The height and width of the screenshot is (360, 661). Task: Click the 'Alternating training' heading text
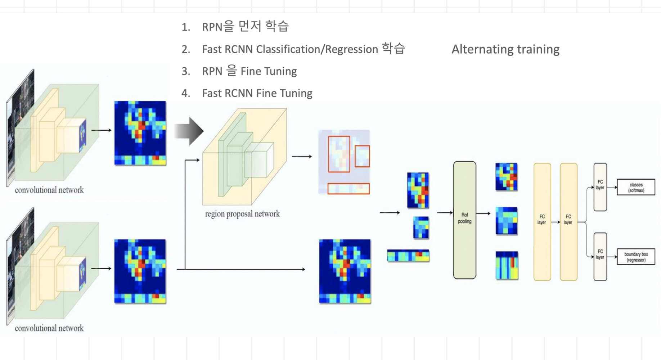pos(505,49)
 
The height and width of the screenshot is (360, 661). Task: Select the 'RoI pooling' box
pos(464,220)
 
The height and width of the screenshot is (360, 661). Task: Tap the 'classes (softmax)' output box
pos(636,187)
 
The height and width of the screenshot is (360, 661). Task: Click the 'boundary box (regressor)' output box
pos(636,257)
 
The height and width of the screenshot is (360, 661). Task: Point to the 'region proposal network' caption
pos(242,214)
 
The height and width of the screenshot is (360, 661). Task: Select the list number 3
pos(185,71)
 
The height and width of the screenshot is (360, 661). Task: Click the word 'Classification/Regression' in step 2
pos(317,49)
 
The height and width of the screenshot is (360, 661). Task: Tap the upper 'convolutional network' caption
pos(49,190)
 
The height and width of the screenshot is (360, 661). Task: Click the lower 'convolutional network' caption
pos(49,328)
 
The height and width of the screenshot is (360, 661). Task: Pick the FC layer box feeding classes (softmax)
pos(600,187)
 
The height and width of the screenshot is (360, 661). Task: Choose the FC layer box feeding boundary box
pos(600,256)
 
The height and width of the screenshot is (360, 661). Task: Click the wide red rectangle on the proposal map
pos(349,189)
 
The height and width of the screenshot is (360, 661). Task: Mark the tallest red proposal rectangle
pos(339,154)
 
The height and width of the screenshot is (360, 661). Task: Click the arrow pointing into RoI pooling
pos(445,213)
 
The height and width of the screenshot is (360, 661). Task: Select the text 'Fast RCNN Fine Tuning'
pos(257,93)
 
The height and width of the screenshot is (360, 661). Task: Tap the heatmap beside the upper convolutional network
pos(140,133)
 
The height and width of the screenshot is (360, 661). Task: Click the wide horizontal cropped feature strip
pos(408,256)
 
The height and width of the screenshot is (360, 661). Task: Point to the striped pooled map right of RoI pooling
pos(507,265)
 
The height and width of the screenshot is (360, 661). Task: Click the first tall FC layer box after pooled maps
pos(542,221)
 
